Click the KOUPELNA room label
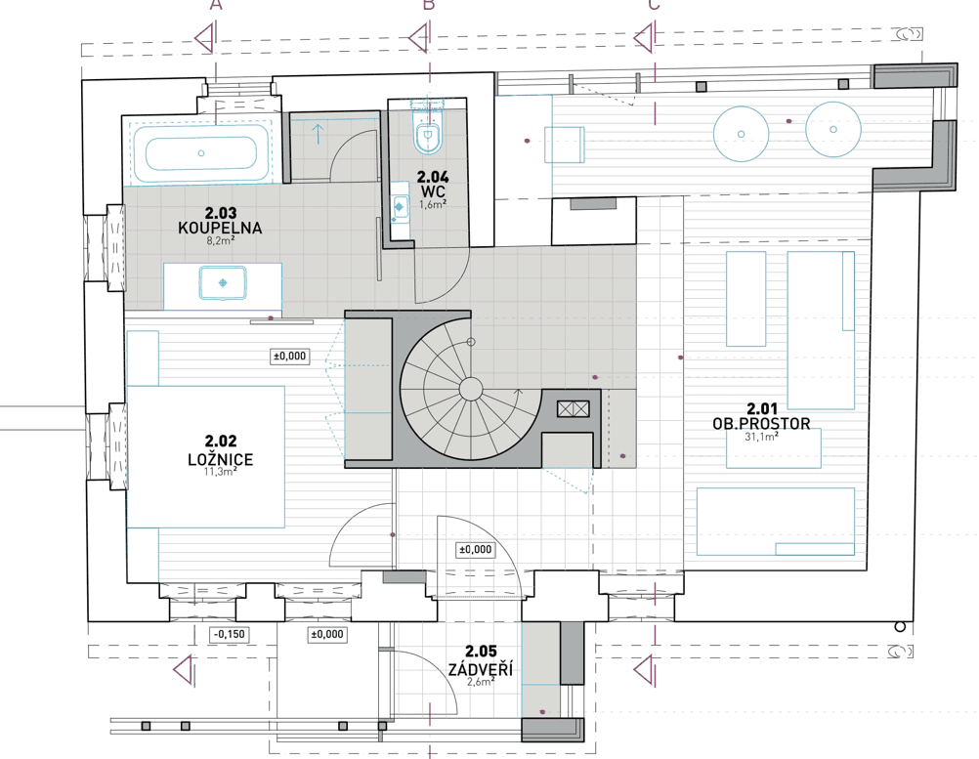pyautogui.click(x=220, y=228)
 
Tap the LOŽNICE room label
pyautogui.click(x=220, y=459)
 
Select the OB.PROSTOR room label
pyautogui.click(x=761, y=424)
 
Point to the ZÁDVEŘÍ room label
pyautogui.click(x=481, y=669)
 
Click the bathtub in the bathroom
pyautogui.click(x=201, y=153)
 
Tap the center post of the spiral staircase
pyautogui.click(x=470, y=389)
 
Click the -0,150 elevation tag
pyautogui.click(x=230, y=635)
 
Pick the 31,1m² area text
pyautogui.click(x=761, y=437)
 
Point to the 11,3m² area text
pyautogui.click(x=220, y=472)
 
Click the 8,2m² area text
pyautogui.click(x=220, y=240)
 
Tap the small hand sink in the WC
pyautogui.click(x=400, y=206)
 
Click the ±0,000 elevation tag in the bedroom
pyautogui.click(x=290, y=357)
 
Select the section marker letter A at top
pyautogui.click(x=217, y=5)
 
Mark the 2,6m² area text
pyautogui.click(x=481, y=682)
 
